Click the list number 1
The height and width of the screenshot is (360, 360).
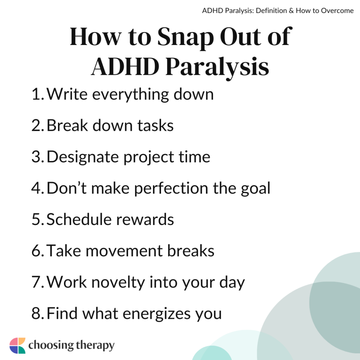tap(36, 94)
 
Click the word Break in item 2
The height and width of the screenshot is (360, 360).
tap(67, 126)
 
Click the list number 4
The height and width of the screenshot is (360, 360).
tap(36, 188)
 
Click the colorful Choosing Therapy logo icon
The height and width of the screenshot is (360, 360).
tap(17, 345)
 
